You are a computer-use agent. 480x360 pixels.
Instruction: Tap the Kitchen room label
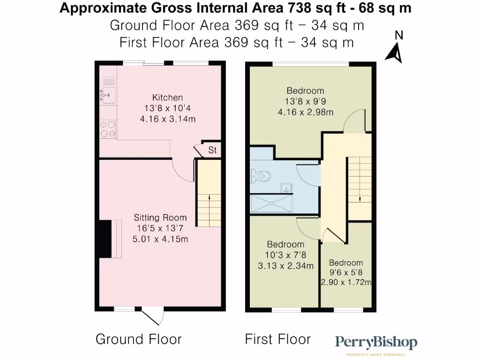(x=168, y=97)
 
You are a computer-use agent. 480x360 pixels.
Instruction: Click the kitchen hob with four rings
(x=108, y=129)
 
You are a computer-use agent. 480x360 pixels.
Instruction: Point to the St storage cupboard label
(x=212, y=150)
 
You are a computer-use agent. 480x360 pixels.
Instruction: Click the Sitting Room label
(x=160, y=217)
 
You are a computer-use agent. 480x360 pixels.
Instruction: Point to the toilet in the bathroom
(x=261, y=176)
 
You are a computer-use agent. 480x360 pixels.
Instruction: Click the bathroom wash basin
(x=285, y=188)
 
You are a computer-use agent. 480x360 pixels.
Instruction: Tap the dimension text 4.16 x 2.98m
(x=305, y=112)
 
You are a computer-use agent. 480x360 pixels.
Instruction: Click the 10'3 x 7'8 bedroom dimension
(x=285, y=255)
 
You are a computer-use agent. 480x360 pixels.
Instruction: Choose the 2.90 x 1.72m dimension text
(x=346, y=282)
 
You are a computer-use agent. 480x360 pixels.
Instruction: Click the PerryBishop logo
(x=376, y=344)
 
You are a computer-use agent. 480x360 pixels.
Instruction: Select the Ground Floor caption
(x=138, y=339)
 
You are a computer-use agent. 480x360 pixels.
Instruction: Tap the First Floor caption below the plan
(x=277, y=339)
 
